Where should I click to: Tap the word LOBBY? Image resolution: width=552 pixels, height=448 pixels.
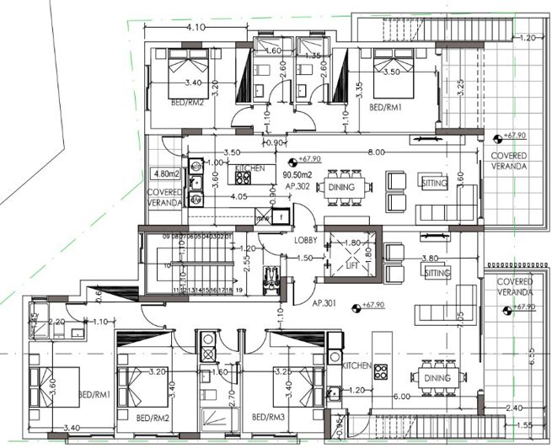305,240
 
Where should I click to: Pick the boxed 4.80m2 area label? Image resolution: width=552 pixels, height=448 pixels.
165,174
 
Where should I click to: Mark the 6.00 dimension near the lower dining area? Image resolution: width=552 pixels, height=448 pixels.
403,397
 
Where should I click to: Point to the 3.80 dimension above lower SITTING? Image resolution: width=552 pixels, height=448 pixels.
429,259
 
